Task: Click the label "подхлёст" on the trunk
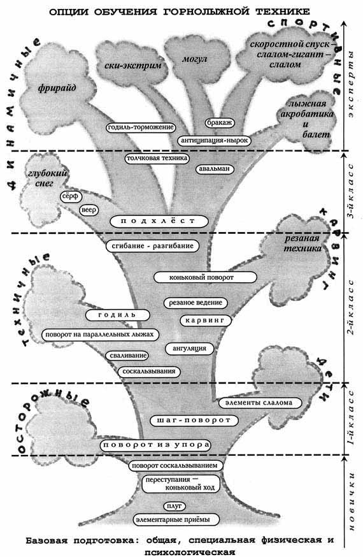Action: point(159,221)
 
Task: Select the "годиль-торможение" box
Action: point(141,127)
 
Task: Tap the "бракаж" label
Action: point(220,122)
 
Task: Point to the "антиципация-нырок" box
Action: point(214,140)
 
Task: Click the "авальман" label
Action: point(215,169)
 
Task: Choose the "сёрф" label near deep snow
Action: point(71,196)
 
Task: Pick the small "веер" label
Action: point(89,210)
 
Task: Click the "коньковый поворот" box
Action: point(204,277)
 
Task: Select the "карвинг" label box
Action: point(206,320)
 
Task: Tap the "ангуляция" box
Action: point(190,349)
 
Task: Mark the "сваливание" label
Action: point(126,355)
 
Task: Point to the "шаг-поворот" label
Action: point(194,420)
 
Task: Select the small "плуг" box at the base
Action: point(174,505)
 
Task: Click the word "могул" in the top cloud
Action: point(194,59)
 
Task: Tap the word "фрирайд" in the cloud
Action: point(57,88)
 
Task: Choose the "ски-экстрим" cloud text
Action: point(132,66)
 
